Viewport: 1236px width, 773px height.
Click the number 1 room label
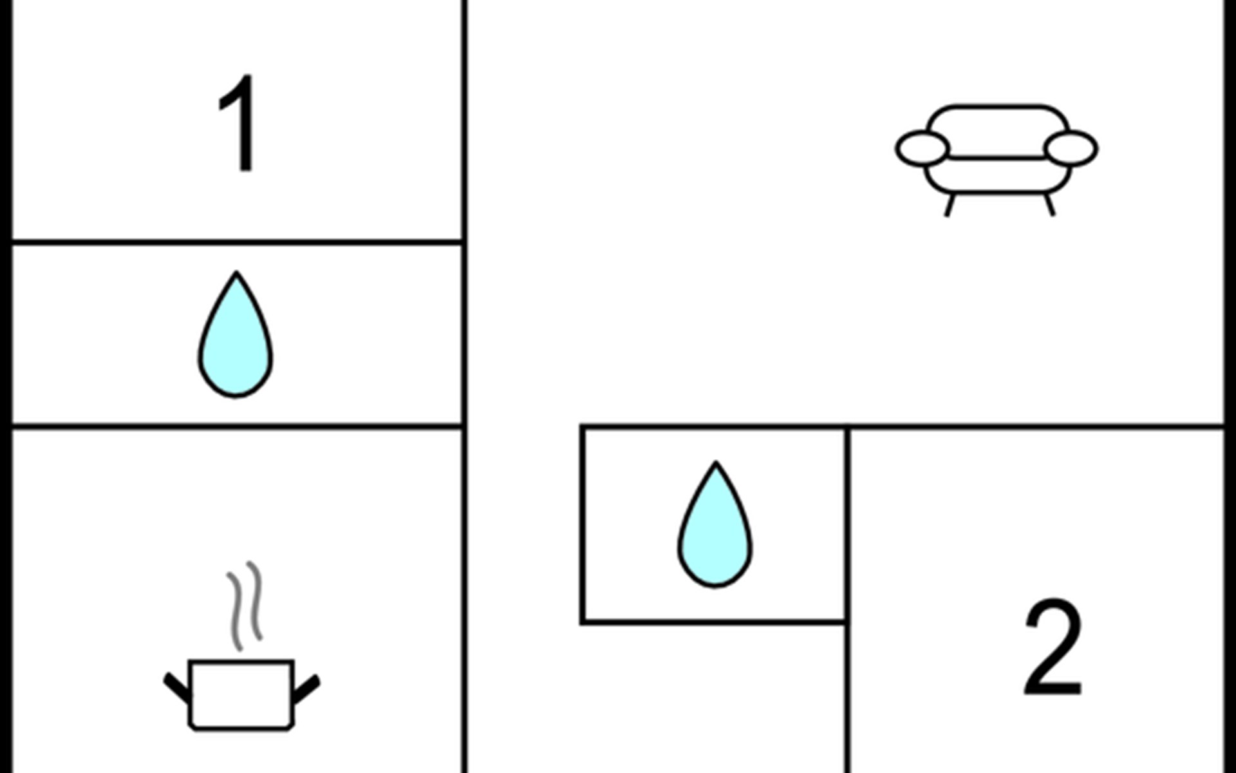(x=240, y=124)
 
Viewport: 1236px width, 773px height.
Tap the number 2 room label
(x=1053, y=647)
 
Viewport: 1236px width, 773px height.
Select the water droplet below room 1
(x=236, y=334)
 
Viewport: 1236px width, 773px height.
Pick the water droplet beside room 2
(x=715, y=524)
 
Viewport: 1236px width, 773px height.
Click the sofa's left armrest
(x=922, y=148)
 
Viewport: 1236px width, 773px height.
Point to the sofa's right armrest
(x=1071, y=148)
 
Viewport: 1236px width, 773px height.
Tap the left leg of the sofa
(x=950, y=205)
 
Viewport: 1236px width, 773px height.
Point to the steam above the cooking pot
(x=245, y=606)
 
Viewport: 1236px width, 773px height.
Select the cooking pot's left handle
(x=178, y=688)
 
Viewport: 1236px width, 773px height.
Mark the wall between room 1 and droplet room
(x=237, y=242)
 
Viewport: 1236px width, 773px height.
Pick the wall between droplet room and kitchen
(x=237, y=426)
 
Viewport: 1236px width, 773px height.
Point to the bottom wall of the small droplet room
(x=713, y=622)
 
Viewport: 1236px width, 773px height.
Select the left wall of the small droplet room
(x=583, y=524)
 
